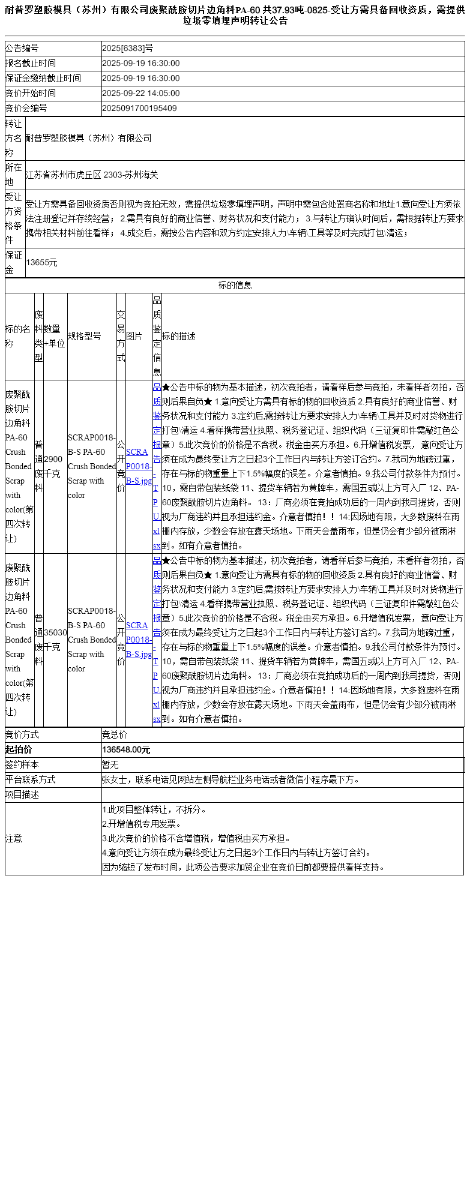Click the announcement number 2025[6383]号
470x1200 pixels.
127,49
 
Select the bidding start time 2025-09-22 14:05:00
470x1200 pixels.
141,94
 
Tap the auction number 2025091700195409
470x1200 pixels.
139,109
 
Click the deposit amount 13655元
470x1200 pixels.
41,263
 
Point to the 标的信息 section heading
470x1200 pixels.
235,286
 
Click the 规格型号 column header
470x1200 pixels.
85,337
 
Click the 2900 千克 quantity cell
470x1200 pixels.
53,466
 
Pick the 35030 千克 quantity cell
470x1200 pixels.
55,640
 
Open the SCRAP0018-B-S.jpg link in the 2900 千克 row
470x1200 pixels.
138,466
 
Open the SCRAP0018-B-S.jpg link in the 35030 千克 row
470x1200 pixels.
138,640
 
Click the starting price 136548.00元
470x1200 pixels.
126,750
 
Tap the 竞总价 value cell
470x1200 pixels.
115,735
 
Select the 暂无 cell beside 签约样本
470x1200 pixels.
110,765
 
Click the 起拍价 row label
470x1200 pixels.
19,750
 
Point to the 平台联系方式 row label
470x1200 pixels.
31,780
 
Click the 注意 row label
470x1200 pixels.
14,839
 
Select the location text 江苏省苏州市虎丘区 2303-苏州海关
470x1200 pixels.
92,175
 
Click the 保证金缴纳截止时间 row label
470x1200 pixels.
43,79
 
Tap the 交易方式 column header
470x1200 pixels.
121,337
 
